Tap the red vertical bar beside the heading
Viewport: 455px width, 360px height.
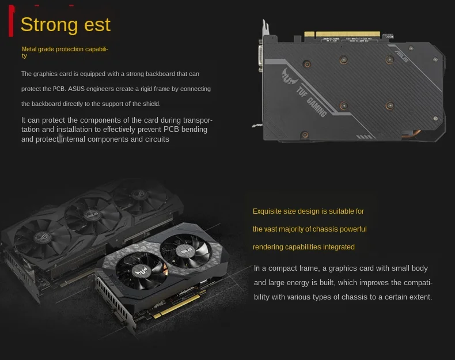tap(12, 21)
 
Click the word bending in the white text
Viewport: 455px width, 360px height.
tap(195, 130)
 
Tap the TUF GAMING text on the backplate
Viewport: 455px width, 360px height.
tap(311, 103)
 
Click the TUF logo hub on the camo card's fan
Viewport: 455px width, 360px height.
tap(138, 270)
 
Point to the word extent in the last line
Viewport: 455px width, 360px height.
tap(419, 297)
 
